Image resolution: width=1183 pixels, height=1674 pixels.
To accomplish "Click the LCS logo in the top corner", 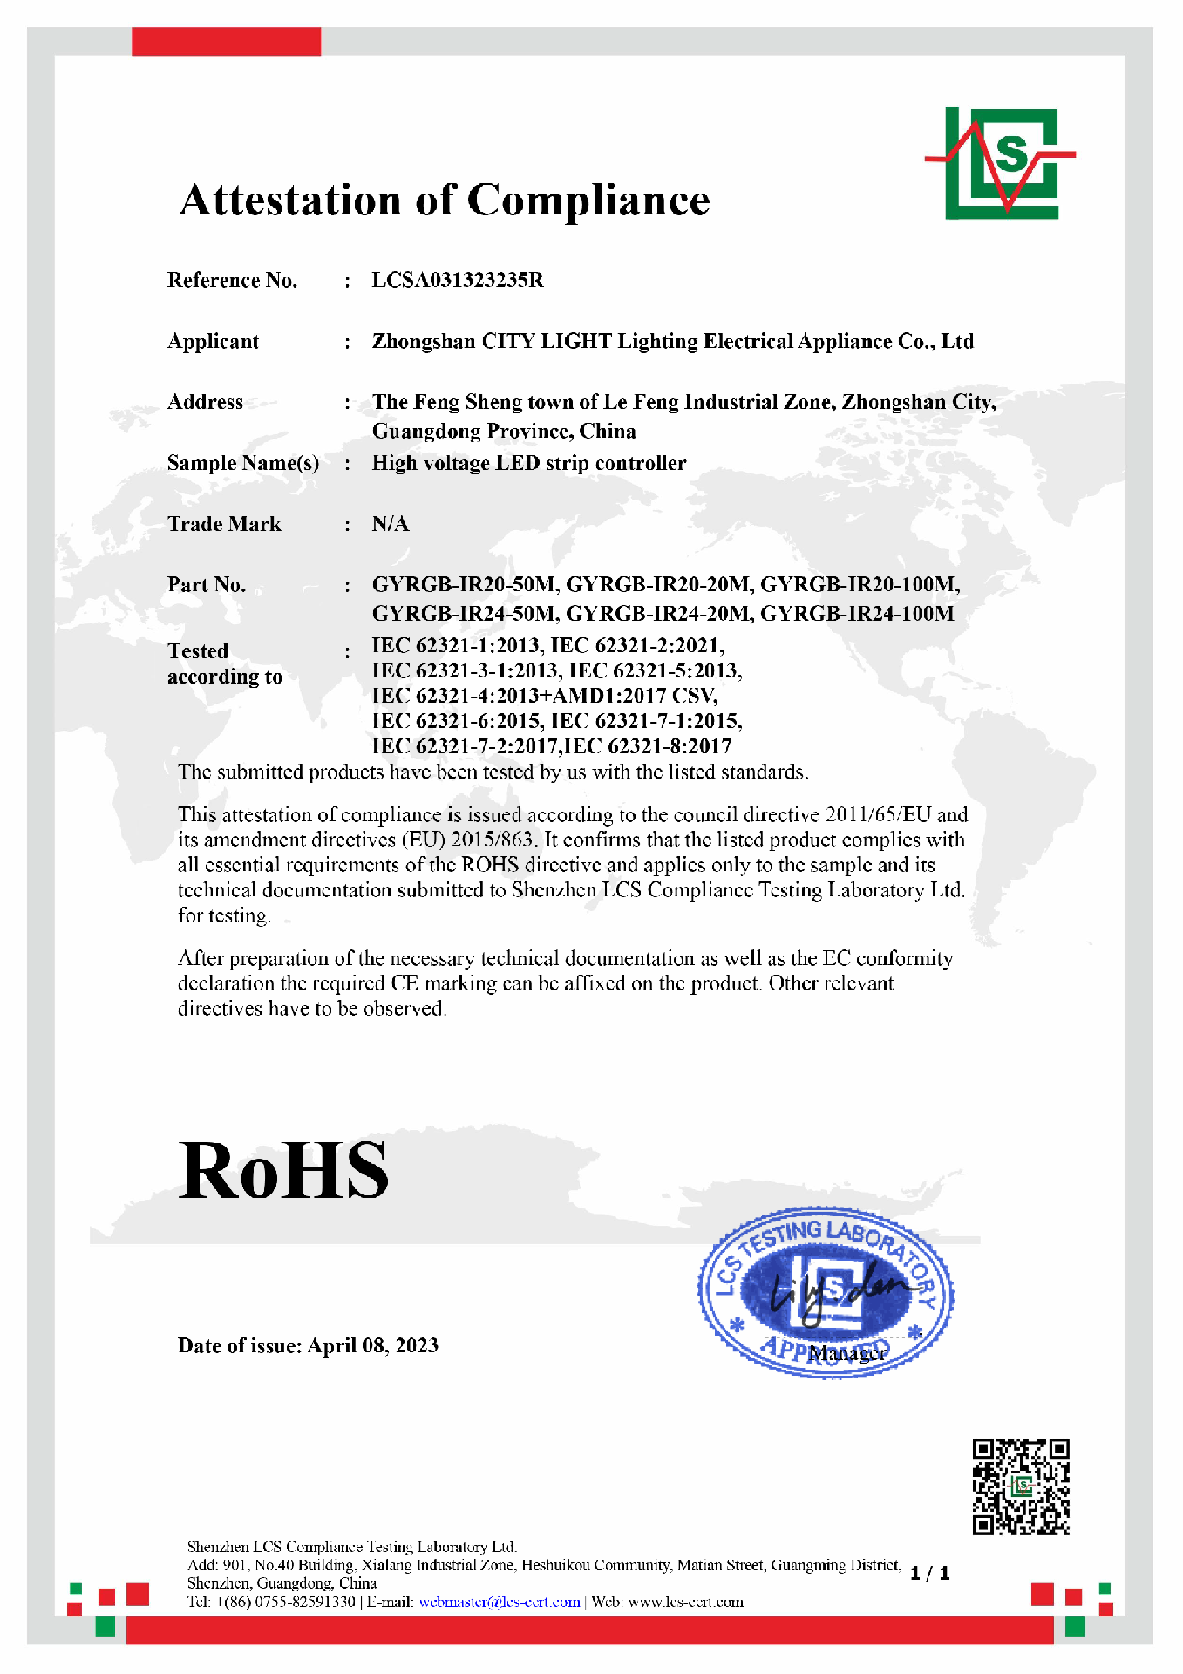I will point(1001,163).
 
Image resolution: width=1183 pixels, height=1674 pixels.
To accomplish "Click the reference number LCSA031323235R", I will point(458,280).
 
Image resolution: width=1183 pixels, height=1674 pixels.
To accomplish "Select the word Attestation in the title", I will point(289,200).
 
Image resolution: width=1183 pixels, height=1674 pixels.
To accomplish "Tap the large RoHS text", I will point(283,1171).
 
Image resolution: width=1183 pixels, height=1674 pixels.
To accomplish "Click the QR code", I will point(1021,1487).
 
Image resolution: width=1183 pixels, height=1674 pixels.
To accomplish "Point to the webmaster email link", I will point(499,1602).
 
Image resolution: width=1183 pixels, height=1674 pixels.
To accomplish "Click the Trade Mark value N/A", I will point(390,524).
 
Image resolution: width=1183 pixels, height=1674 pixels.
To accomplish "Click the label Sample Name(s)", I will point(243,463).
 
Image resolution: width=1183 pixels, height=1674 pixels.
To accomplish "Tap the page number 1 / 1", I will point(929,1573).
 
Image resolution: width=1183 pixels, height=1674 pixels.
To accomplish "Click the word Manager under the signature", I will point(847,1353).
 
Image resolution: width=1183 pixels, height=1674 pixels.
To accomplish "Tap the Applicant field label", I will point(213,341).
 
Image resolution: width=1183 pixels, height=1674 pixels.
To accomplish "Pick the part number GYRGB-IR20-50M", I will point(463,584).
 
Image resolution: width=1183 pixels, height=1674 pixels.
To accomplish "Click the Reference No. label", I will point(232,280).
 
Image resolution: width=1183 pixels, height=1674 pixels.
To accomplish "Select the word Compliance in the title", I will point(588,200).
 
